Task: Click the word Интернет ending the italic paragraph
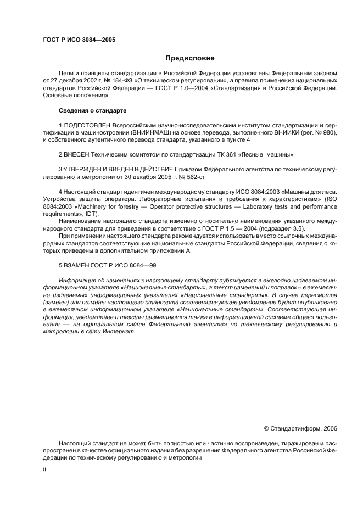112,332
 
